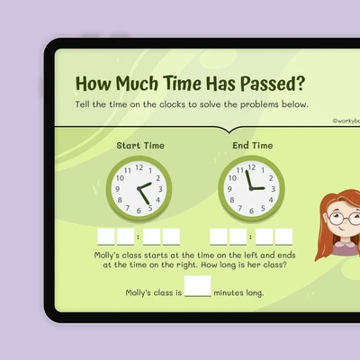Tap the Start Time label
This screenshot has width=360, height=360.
140,146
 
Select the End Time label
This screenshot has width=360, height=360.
253,146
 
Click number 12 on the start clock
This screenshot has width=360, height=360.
139,167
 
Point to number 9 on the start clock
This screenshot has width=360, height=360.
117,189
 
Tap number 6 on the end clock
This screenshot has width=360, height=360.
251,211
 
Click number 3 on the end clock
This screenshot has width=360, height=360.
274,189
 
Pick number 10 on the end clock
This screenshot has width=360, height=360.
232,178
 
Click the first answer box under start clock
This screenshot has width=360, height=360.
106,237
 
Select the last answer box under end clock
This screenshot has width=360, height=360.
283,237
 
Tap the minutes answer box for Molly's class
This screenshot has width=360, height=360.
198,286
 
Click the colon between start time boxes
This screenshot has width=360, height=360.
138,237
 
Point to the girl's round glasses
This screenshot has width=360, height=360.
345,219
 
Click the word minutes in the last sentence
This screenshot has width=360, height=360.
229,292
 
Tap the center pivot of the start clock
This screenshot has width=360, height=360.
139,189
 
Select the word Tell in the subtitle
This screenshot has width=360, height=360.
82,104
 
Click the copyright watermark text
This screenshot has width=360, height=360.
346,121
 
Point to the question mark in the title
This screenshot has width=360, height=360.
300,83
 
